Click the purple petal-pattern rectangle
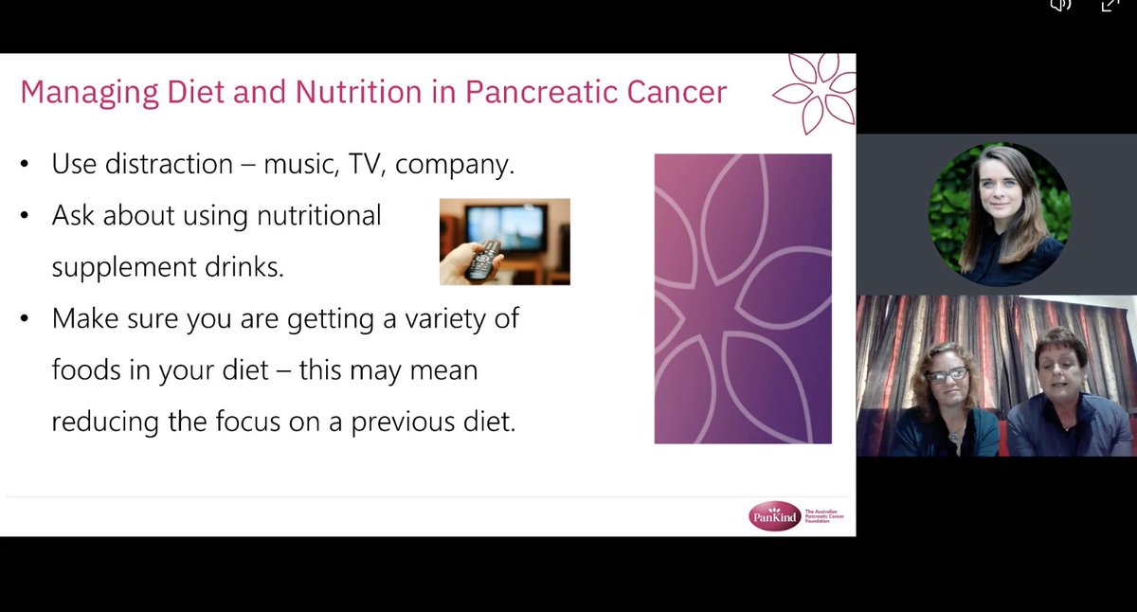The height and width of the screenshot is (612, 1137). point(743,298)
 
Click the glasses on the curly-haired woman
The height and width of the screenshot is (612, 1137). point(947,375)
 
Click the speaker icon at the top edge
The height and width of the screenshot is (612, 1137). point(1059,5)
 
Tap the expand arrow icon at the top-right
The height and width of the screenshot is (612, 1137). point(1109,5)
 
